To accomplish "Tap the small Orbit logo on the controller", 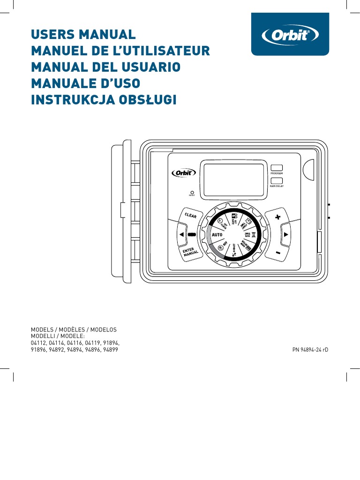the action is [180, 173].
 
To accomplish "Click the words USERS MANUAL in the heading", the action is [83, 35].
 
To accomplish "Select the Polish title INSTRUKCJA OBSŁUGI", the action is [104, 99].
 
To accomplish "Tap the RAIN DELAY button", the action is [277, 180].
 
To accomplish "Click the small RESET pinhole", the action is [192, 192].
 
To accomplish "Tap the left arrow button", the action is [181, 234].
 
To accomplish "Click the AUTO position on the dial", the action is [216, 234].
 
